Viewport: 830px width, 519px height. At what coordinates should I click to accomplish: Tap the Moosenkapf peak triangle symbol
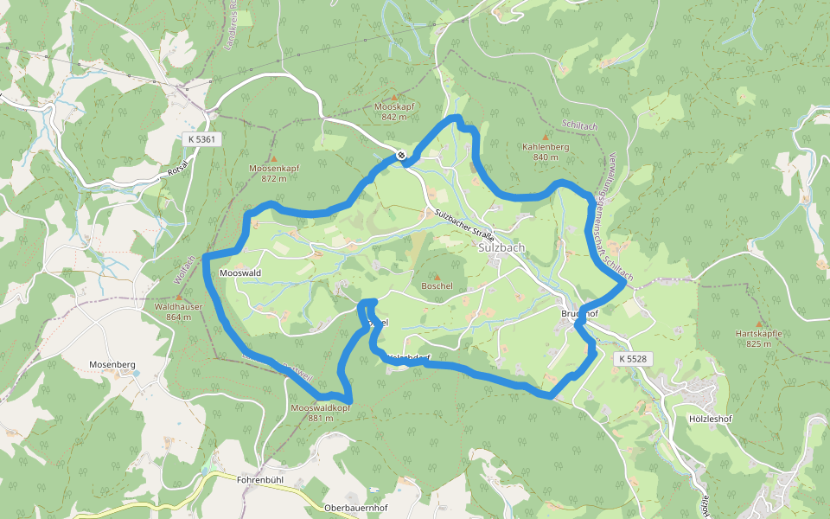(x=273, y=159)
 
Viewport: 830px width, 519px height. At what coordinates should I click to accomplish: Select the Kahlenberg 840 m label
(x=546, y=152)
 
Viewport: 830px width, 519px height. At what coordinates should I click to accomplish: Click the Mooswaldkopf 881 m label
(x=320, y=413)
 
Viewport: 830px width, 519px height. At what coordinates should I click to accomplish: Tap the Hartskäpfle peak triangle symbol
(x=759, y=323)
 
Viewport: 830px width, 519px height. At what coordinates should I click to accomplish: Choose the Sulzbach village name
(x=501, y=247)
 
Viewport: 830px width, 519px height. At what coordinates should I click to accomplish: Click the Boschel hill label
(x=437, y=285)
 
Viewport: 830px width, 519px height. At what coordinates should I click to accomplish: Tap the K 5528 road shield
(x=634, y=357)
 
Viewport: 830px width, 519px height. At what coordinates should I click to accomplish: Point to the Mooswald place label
(x=240, y=272)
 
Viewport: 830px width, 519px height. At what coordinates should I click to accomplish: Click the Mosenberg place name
(x=112, y=365)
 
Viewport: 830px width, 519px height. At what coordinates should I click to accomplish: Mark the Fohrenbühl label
(x=261, y=478)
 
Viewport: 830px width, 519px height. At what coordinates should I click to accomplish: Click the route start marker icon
(x=402, y=156)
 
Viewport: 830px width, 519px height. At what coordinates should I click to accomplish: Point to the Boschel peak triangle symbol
(x=437, y=276)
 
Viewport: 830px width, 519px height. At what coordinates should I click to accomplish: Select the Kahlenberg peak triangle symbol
(x=546, y=137)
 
